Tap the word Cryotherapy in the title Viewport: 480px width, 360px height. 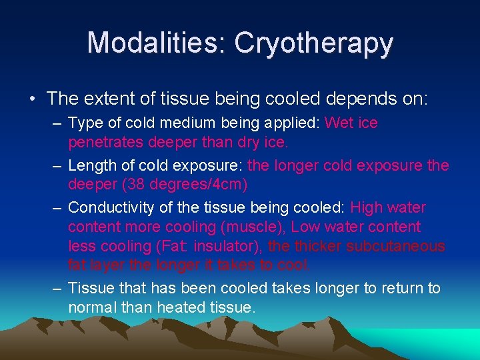tap(313, 43)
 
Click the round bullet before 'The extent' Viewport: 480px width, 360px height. tap(33, 99)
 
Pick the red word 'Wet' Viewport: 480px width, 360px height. tap(339, 123)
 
